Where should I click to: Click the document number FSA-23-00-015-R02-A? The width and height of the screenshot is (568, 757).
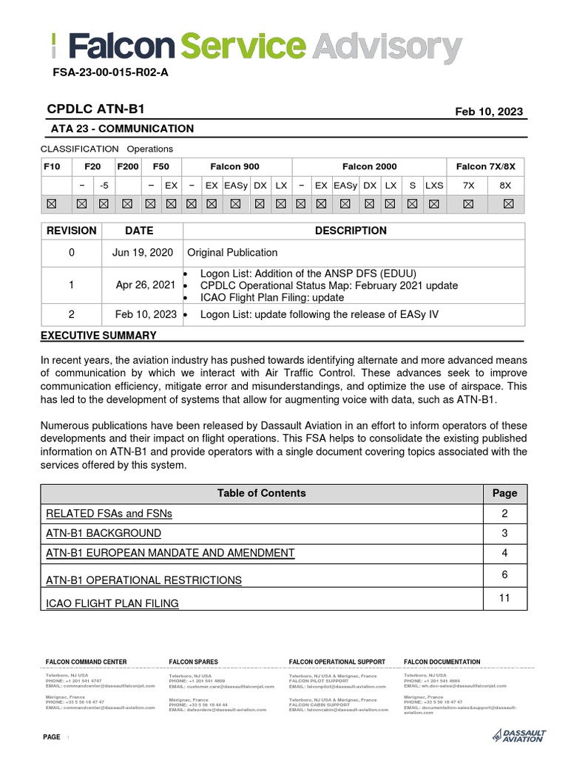pyautogui.click(x=110, y=72)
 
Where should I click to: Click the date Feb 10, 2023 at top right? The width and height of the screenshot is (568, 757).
pyautogui.click(x=489, y=112)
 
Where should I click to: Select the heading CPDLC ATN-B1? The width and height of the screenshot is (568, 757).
pyautogui.click(x=95, y=109)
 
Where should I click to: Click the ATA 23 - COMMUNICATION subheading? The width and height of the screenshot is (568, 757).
pyautogui.click(x=122, y=129)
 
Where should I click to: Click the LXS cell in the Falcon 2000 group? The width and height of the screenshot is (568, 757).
pyautogui.click(x=434, y=186)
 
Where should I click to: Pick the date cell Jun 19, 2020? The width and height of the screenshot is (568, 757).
pyautogui.click(x=143, y=253)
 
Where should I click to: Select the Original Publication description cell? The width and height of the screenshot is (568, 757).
pyautogui.click(x=232, y=253)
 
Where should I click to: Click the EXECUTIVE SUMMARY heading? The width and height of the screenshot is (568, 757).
pyautogui.click(x=98, y=336)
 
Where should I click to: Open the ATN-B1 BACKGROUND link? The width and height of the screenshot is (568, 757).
pyautogui.click(x=103, y=533)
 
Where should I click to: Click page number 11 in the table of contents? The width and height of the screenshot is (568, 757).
pyautogui.click(x=504, y=597)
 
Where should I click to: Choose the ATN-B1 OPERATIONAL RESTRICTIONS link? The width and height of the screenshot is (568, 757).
pyautogui.click(x=143, y=580)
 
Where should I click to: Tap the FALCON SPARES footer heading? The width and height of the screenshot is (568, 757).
pyautogui.click(x=193, y=662)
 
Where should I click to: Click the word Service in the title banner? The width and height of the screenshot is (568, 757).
pyautogui.click(x=243, y=49)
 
